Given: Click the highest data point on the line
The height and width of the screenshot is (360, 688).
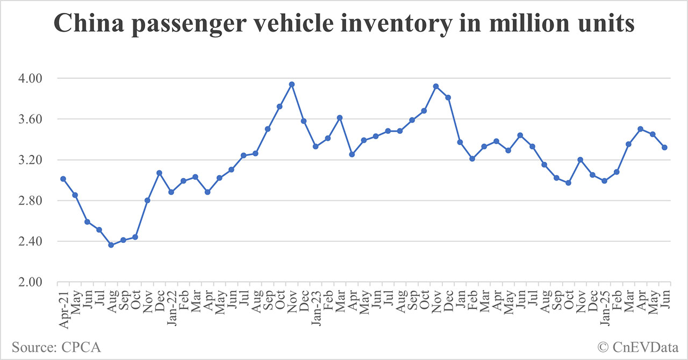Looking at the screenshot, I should point(292,84).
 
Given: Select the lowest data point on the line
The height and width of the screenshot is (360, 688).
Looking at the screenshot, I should point(111,245).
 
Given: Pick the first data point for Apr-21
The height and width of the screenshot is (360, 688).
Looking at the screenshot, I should point(63,178).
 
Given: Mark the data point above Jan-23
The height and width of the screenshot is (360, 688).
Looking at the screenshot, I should point(316,146).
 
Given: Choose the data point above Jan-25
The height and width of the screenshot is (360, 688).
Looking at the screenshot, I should point(604,181).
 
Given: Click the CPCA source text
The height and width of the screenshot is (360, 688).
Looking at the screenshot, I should point(56,347).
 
